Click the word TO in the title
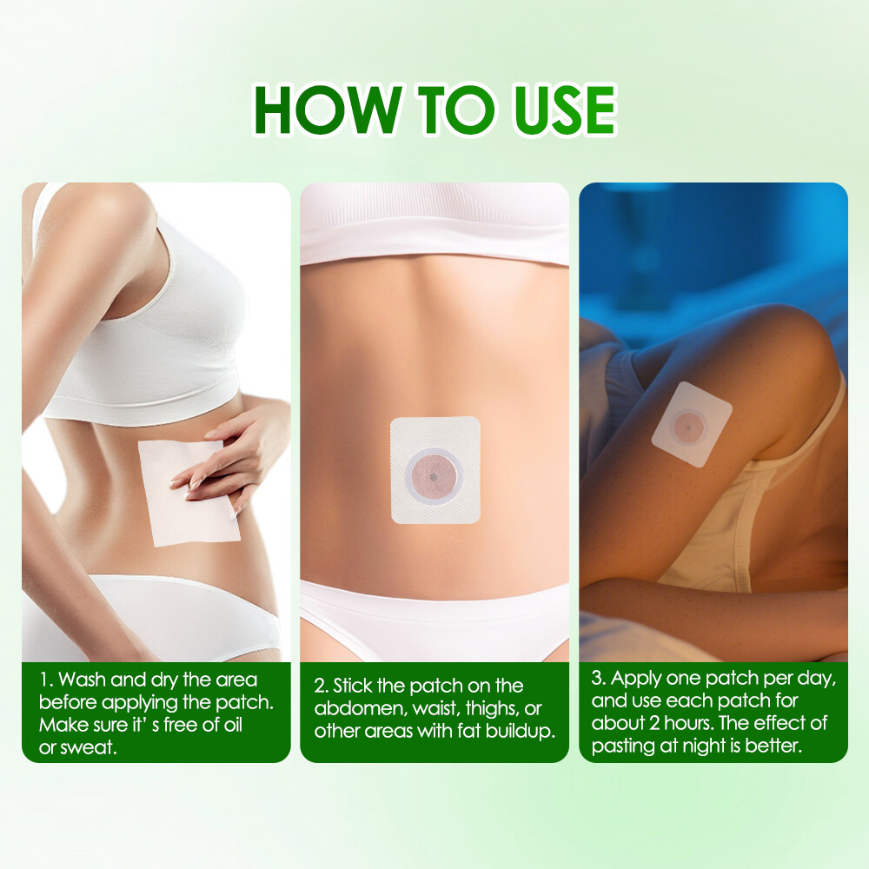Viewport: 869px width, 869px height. click(x=446, y=110)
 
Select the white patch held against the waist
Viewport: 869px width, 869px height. click(x=187, y=494)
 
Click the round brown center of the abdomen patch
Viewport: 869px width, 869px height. click(x=434, y=472)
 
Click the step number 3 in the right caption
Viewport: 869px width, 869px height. click(x=598, y=679)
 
